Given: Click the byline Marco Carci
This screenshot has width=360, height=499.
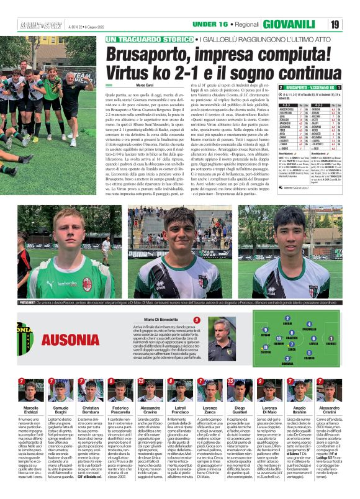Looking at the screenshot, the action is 145,84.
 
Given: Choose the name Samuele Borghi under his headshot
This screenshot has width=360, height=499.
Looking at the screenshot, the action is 61,411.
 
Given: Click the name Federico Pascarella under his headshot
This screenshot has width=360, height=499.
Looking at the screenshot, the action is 120,411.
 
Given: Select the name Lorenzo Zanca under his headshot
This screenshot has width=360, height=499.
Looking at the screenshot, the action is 210,411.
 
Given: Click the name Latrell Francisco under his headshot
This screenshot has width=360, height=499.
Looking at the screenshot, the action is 180,411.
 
